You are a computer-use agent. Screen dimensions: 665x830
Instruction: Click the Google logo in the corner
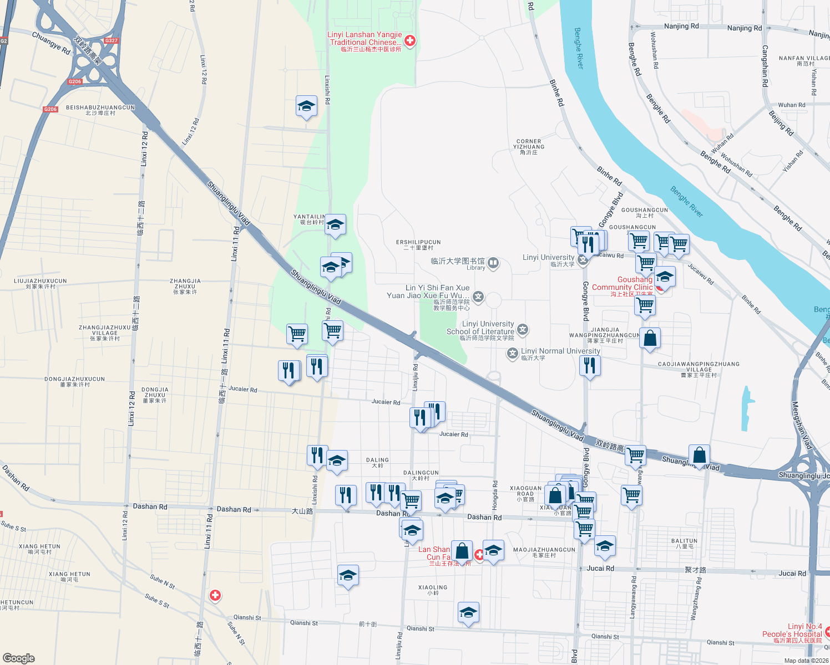pos(18,658)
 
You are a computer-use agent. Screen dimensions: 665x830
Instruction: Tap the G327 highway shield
pos(112,40)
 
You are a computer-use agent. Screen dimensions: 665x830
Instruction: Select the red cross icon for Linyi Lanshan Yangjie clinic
pos(410,40)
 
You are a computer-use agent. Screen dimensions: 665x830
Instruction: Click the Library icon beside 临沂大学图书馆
pos(493,263)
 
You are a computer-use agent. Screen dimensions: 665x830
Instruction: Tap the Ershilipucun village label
pos(418,245)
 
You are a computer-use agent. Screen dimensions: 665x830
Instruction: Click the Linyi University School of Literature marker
pos(522,330)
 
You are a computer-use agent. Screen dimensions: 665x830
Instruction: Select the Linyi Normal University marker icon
pos(513,353)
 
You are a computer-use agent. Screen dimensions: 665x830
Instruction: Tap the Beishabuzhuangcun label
pos(100,110)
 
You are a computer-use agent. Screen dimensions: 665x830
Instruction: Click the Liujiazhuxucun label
pos(41,284)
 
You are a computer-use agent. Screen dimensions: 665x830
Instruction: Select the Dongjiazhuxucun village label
pos(75,382)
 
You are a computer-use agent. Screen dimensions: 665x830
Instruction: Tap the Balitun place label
pos(684,543)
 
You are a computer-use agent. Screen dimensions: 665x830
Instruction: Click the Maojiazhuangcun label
pos(544,553)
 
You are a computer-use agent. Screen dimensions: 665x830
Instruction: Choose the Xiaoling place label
pos(433,590)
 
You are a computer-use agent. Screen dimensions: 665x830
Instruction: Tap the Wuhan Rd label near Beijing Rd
pos(792,105)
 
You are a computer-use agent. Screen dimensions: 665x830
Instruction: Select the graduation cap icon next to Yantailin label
pos(335,225)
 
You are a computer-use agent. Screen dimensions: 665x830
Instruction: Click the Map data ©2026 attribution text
pos(806,660)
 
